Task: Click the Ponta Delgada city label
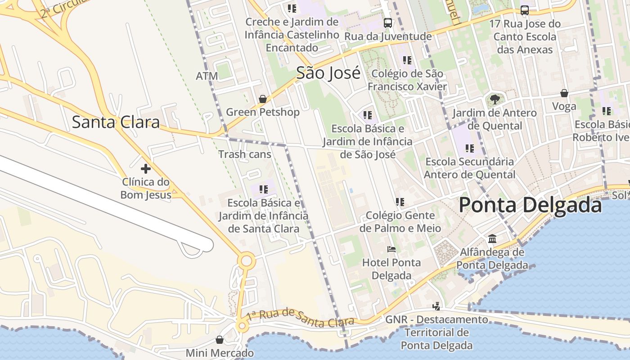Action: click(530, 205)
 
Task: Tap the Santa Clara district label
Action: click(116, 122)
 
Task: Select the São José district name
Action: click(328, 72)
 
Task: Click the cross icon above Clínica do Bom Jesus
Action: click(145, 169)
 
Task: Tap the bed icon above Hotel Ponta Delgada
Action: click(391, 249)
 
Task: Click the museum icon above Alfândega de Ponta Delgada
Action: click(492, 238)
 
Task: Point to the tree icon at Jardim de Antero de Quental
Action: click(495, 99)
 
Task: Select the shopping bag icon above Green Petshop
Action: click(262, 99)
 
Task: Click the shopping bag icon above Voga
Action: click(564, 93)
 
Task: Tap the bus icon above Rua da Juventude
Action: click(387, 22)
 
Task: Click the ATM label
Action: click(207, 76)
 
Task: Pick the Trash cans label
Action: click(245, 154)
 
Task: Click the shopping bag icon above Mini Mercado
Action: click(219, 340)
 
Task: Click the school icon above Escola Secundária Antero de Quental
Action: click(469, 148)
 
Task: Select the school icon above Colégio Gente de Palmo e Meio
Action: click(400, 202)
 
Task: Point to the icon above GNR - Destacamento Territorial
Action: click(436, 306)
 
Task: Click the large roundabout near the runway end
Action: click(246, 261)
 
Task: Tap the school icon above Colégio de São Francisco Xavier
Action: click(407, 60)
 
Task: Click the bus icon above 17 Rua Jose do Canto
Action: click(524, 10)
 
